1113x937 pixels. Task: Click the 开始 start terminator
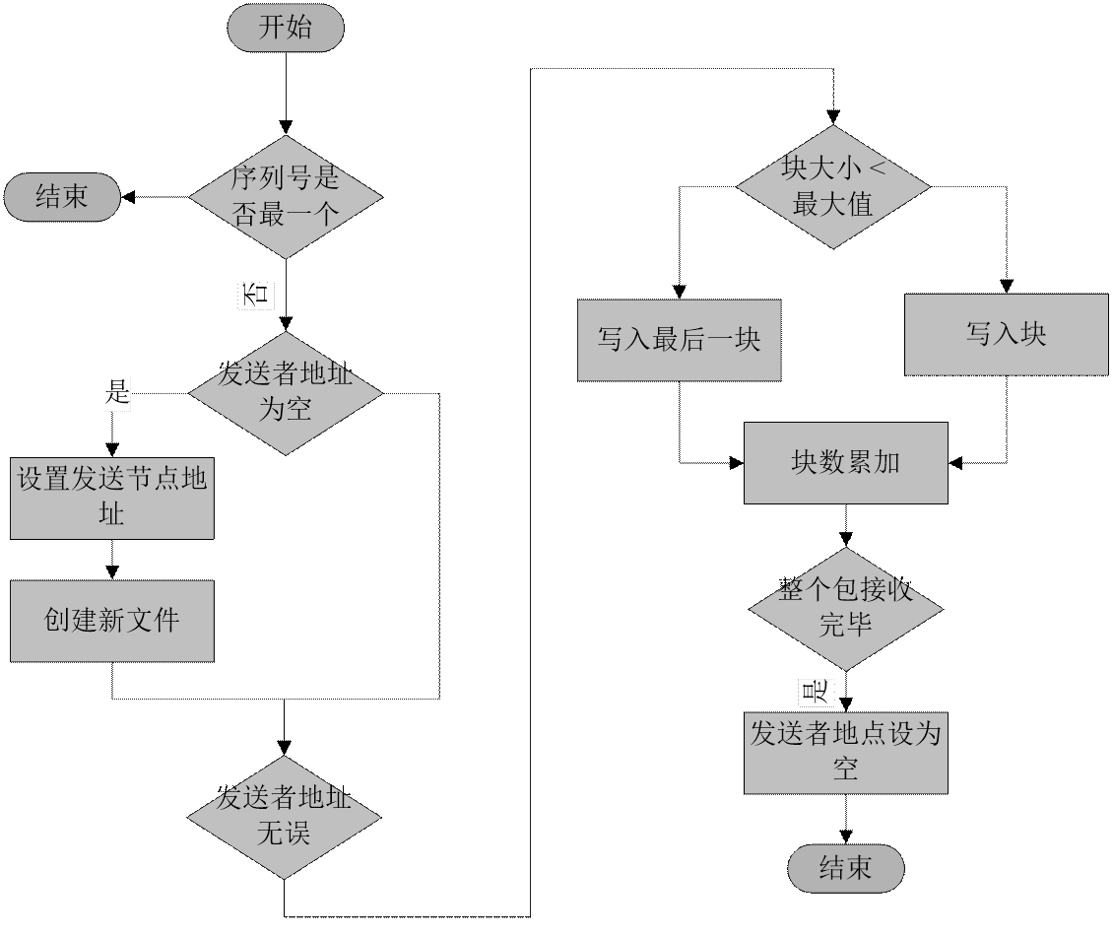[286, 28]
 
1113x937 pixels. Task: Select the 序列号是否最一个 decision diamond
[286, 196]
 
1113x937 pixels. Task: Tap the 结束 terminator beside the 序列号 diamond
[62, 197]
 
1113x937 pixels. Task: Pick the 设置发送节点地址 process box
[112, 498]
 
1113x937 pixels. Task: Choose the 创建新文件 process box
[112, 621]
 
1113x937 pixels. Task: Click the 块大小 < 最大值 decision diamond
[833, 187]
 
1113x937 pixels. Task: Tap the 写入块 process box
[1007, 334]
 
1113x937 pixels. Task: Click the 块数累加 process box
[845, 463]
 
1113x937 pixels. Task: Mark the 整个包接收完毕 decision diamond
[845, 609]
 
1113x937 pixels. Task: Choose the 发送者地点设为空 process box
[845, 753]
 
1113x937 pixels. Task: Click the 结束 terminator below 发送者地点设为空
[845, 868]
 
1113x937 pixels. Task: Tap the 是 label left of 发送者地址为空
[117, 395]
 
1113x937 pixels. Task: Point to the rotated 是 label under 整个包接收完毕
[816, 692]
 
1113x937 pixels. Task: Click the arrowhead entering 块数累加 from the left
[736, 461]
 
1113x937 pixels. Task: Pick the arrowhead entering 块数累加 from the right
[955, 461]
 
